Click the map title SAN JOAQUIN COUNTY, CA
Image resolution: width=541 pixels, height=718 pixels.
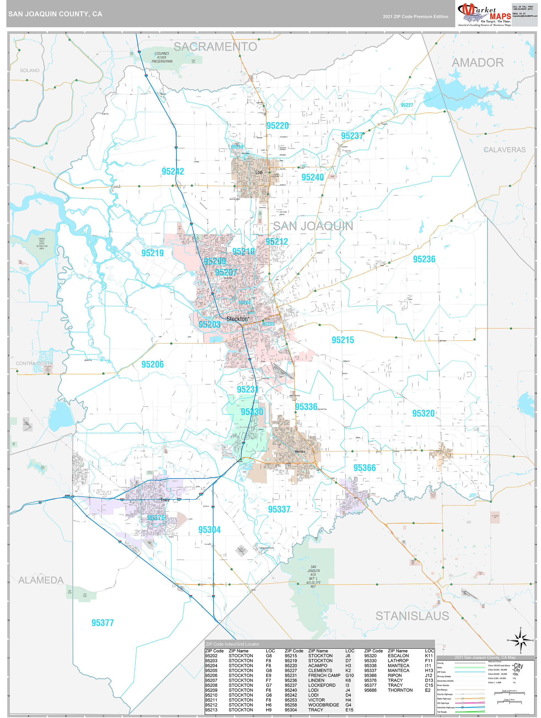click(x=55, y=14)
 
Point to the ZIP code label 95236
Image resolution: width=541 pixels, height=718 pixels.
click(x=424, y=259)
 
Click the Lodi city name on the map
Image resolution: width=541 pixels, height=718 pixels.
click(x=259, y=172)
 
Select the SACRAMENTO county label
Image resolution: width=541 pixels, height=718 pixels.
click(x=215, y=47)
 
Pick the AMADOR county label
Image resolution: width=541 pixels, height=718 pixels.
click(x=478, y=62)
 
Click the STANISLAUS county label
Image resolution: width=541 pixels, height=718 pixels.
click(x=412, y=616)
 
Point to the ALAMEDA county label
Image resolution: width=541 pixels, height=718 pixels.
click(x=41, y=580)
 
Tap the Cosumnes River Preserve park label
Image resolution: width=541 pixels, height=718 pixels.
click(x=162, y=57)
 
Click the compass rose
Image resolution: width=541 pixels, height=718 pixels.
click(x=520, y=640)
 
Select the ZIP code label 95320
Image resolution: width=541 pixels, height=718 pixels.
click(x=423, y=413)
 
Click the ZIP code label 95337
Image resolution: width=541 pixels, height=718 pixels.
click(x=279, y=509)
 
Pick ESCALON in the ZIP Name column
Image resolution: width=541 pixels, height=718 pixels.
click(x=398, y=656)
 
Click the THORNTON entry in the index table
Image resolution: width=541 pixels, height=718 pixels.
click(x=400, y=690)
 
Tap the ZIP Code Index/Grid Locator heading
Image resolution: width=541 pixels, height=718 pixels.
click(x=232, y=644)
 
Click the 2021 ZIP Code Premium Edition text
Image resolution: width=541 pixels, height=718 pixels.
click(x=415, y=17)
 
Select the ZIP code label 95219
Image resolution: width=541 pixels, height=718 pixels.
click(x=153, y=253)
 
